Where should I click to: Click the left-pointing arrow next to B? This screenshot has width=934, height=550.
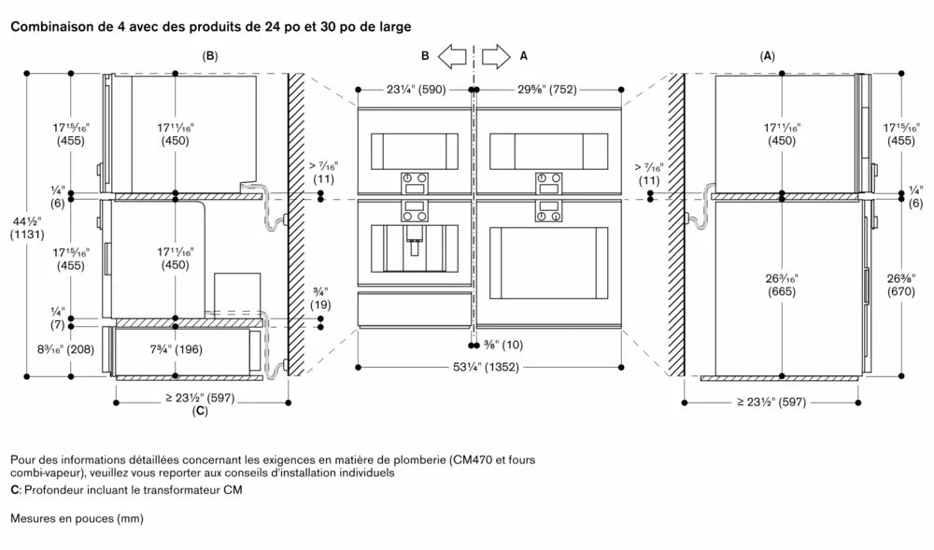(452, 56)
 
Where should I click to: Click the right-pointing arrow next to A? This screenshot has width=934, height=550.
(497, 56)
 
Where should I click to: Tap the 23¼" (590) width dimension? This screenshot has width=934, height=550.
(416, 91)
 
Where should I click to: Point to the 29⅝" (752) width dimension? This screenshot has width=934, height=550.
(549, 91)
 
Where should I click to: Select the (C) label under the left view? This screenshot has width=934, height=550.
(200, 411)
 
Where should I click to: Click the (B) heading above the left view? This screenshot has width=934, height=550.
(210, 56)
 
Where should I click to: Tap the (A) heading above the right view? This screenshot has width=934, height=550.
(768, 56)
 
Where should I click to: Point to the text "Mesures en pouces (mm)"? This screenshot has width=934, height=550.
(77, 517)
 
